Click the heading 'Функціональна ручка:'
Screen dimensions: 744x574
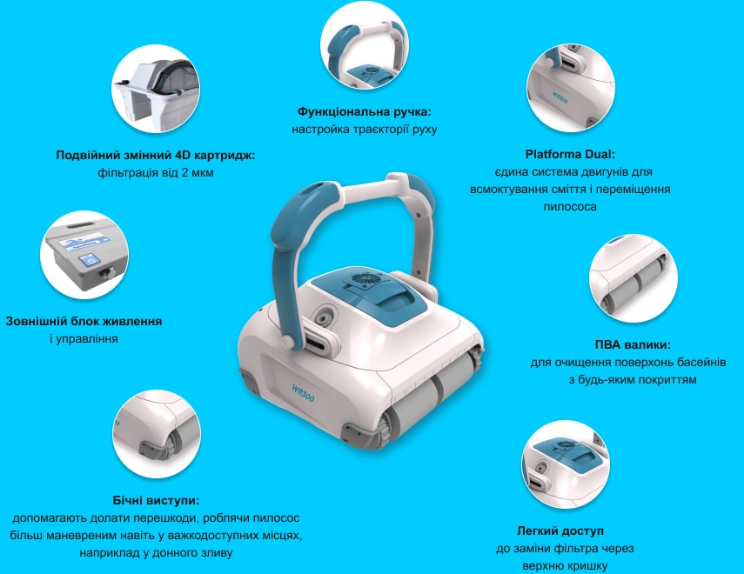pyautogui.click(x=364, y=112)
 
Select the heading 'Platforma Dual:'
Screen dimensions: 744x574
pyautogui.click(x=570, y=154)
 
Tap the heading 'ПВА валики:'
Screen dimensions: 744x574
pyautogui.click(x=633, y=344)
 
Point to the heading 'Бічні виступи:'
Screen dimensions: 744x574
pyautogui.click(x=156, y=500)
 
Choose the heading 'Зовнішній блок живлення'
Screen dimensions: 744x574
pyautogui.click(x=84, y=321)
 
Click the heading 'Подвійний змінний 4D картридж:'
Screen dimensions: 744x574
pyautogui.click(x=156, y=155)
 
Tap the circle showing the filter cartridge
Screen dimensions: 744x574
pyautogui.click(x=156, y=90)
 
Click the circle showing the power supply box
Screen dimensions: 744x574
pyautogui.click(x=84, y=255)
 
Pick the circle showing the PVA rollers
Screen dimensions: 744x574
pyautogui.click(x=633, y=279)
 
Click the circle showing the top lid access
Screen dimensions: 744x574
pyautogui.click(x=566, y=465)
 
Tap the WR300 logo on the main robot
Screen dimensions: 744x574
pyautogui.click(x=303, y=393)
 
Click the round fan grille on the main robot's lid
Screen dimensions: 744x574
pyautogui.click(x=365, y=280)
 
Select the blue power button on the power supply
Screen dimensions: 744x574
pyautogui.click(x=88, y=260)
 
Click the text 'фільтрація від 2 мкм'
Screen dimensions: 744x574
pyautogui.click(x=156, y=173)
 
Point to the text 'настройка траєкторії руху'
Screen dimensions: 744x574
pyautogui.click(x=364, y=130)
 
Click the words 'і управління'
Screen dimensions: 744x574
pyautogui.click(x=84, y=338)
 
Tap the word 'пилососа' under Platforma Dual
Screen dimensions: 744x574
pyautogui.click(x=570, y=207)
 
